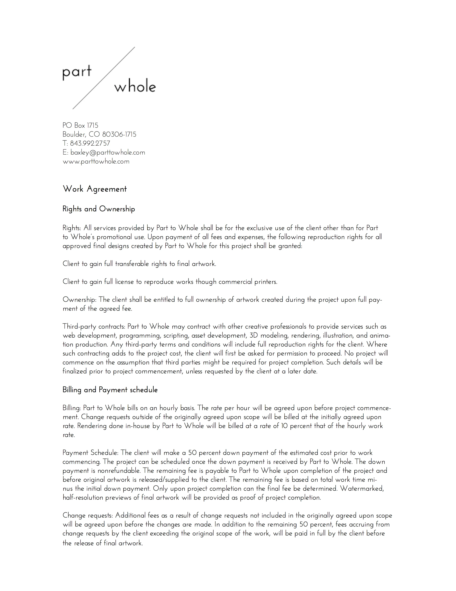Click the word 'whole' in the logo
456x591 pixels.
[x=135, y=87]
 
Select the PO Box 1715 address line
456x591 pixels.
[x=80, y=126]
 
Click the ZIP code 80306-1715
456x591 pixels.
[x=119, y=134]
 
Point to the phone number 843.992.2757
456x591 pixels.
[x=90, y=143]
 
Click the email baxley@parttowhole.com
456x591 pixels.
[x=107, y=153]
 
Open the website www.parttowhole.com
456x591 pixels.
[x=96, y=161]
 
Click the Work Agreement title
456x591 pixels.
[x=94, y=189]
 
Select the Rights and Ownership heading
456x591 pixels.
[x=99, y=209]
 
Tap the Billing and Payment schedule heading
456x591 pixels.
[x=110, y=390]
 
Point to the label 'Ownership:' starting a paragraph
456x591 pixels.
[x=79, y=300]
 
